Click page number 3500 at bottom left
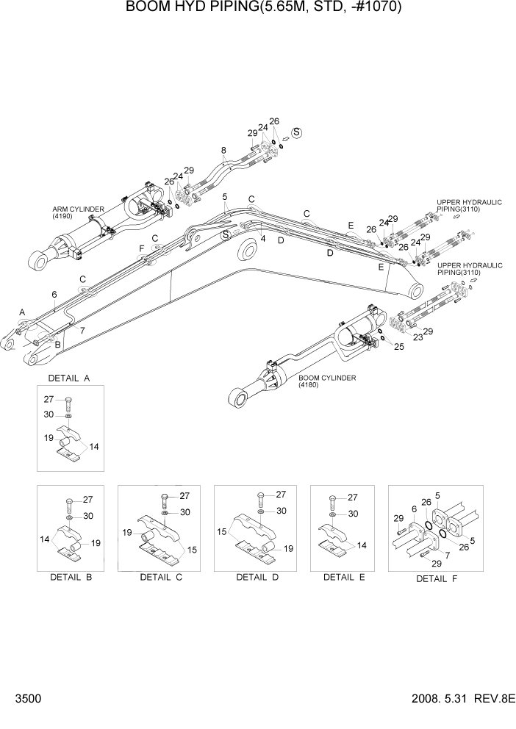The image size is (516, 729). [x=18, y=698]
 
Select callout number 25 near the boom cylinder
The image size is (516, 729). [x=399, y=346]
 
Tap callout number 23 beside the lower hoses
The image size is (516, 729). [x=418, y=337]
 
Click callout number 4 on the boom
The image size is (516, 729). [x=262, y=238]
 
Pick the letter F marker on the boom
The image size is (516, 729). [x=141, y=248]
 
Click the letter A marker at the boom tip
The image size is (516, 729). [x=22, y=312]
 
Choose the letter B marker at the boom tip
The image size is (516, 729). [x=57, y=344]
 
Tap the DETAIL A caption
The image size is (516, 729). [x=69, y=378]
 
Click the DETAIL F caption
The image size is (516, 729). [x=437, y=578]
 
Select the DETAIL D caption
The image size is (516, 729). [x=257, y=577]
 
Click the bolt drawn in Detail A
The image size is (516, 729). [x=68, y=403]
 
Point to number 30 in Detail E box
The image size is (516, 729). [x=353, y=514]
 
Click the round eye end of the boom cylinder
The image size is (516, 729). [x=237, y=399]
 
